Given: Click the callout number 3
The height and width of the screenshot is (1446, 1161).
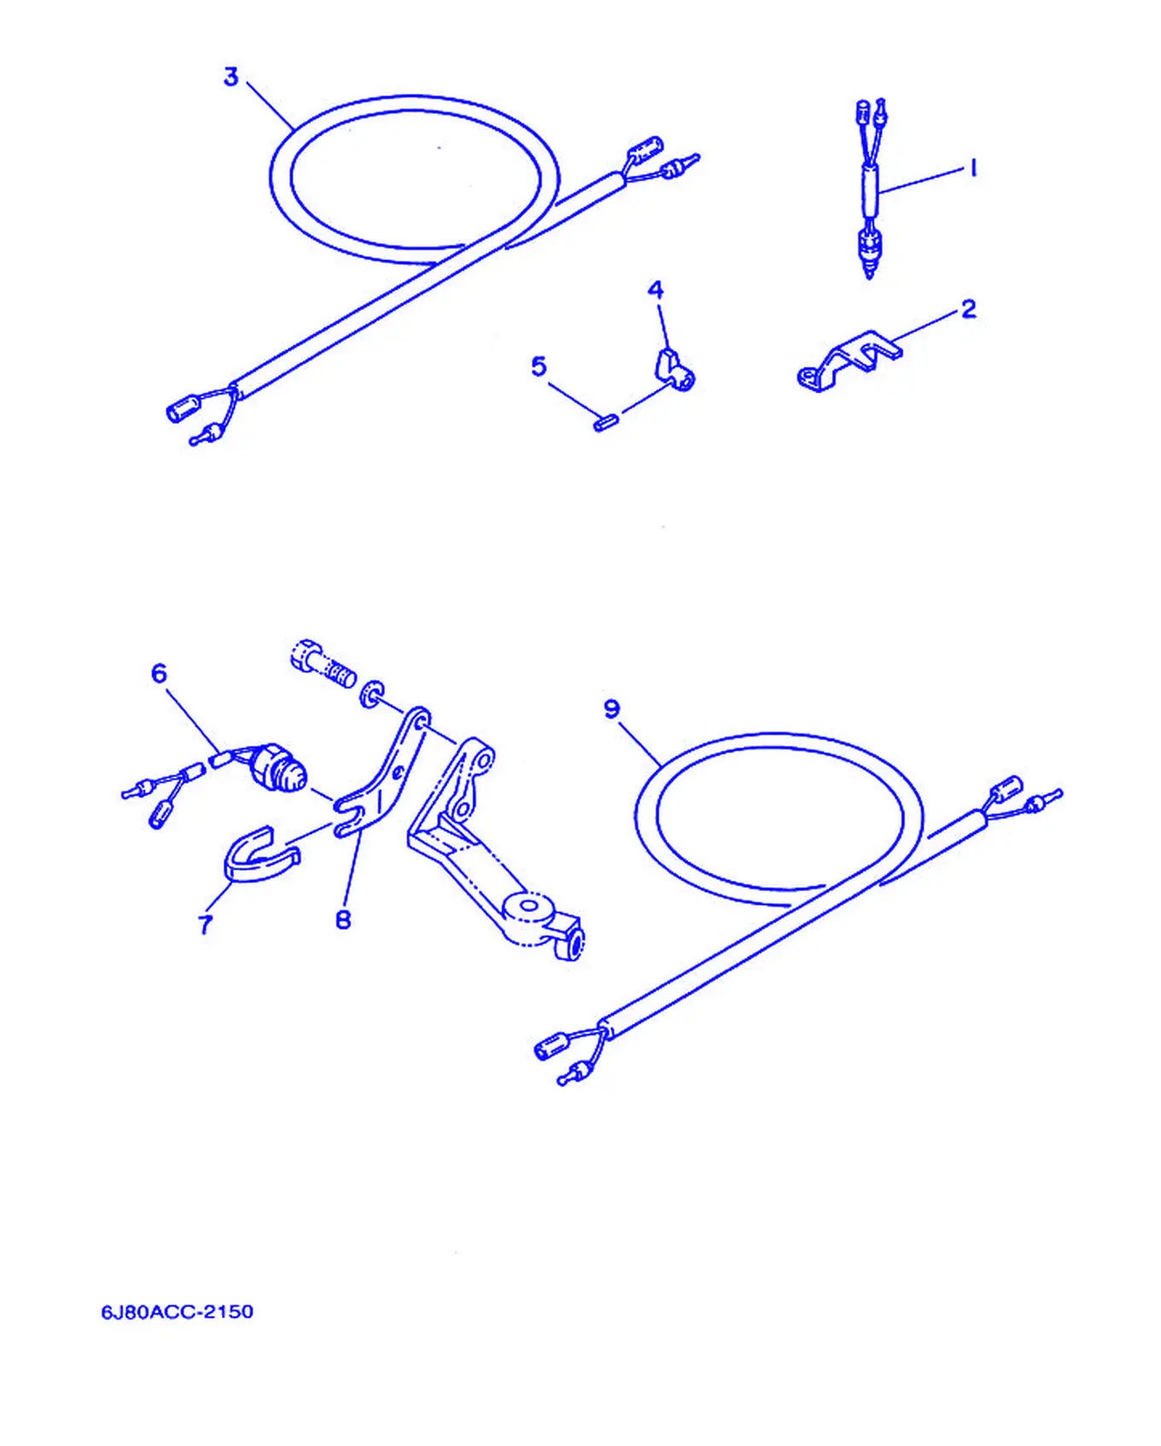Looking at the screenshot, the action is click(230, 77).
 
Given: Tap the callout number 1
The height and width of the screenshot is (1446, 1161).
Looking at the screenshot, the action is click(972, 168).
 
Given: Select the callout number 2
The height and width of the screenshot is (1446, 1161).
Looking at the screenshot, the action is click(968, 309).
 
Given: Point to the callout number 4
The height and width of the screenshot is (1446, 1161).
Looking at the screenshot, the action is click(656, 290).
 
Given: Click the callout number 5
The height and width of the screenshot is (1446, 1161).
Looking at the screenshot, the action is click(539, 366).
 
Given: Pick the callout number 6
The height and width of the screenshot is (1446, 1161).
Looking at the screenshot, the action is click(160, 673).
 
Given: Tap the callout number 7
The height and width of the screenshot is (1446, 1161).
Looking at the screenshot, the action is click(205, 924).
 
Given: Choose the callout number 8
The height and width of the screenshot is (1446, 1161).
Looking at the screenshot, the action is click(343, 919).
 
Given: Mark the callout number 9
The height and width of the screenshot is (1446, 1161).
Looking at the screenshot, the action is click(612, 709).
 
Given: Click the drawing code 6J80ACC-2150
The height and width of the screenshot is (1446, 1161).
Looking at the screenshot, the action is click(178, 1312).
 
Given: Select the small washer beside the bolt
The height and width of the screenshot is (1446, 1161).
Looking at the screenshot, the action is click(372, 694).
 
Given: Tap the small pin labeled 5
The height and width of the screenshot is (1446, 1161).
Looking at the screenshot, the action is click(606, 423).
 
